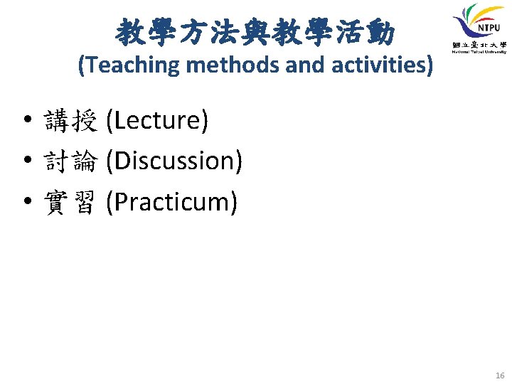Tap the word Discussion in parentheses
[x=174, y=161]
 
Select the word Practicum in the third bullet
[x=171, y=203]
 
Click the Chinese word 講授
[x=70, y=122]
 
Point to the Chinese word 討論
[x=70, y=162]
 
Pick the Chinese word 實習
[x=70, y=203]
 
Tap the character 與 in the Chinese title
[x=253, y=31]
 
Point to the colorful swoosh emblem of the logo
[x=469, y=21]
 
